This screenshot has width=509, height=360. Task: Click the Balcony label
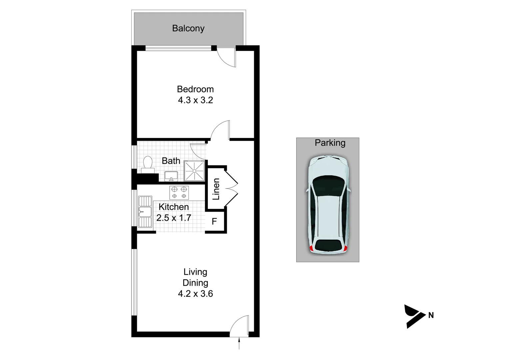pos(188,28)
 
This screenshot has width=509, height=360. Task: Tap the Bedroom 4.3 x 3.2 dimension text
pos(195,100)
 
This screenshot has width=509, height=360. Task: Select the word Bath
pos(171,161)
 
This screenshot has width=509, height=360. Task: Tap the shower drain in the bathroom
pos(194,171)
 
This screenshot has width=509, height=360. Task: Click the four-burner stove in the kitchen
pos(179,192)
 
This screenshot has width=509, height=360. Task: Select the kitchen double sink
pos(145,212)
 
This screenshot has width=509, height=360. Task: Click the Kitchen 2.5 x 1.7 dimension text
pos(174,218)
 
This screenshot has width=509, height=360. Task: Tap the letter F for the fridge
pos(214,221)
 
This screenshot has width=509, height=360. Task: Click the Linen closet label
pos(216,189)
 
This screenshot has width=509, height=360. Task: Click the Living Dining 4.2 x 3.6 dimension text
pos(195,294)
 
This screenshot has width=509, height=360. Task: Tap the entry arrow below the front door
pos(239,343)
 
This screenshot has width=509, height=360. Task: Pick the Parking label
pos(330,143)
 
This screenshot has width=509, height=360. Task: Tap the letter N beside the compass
pos(431,315)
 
